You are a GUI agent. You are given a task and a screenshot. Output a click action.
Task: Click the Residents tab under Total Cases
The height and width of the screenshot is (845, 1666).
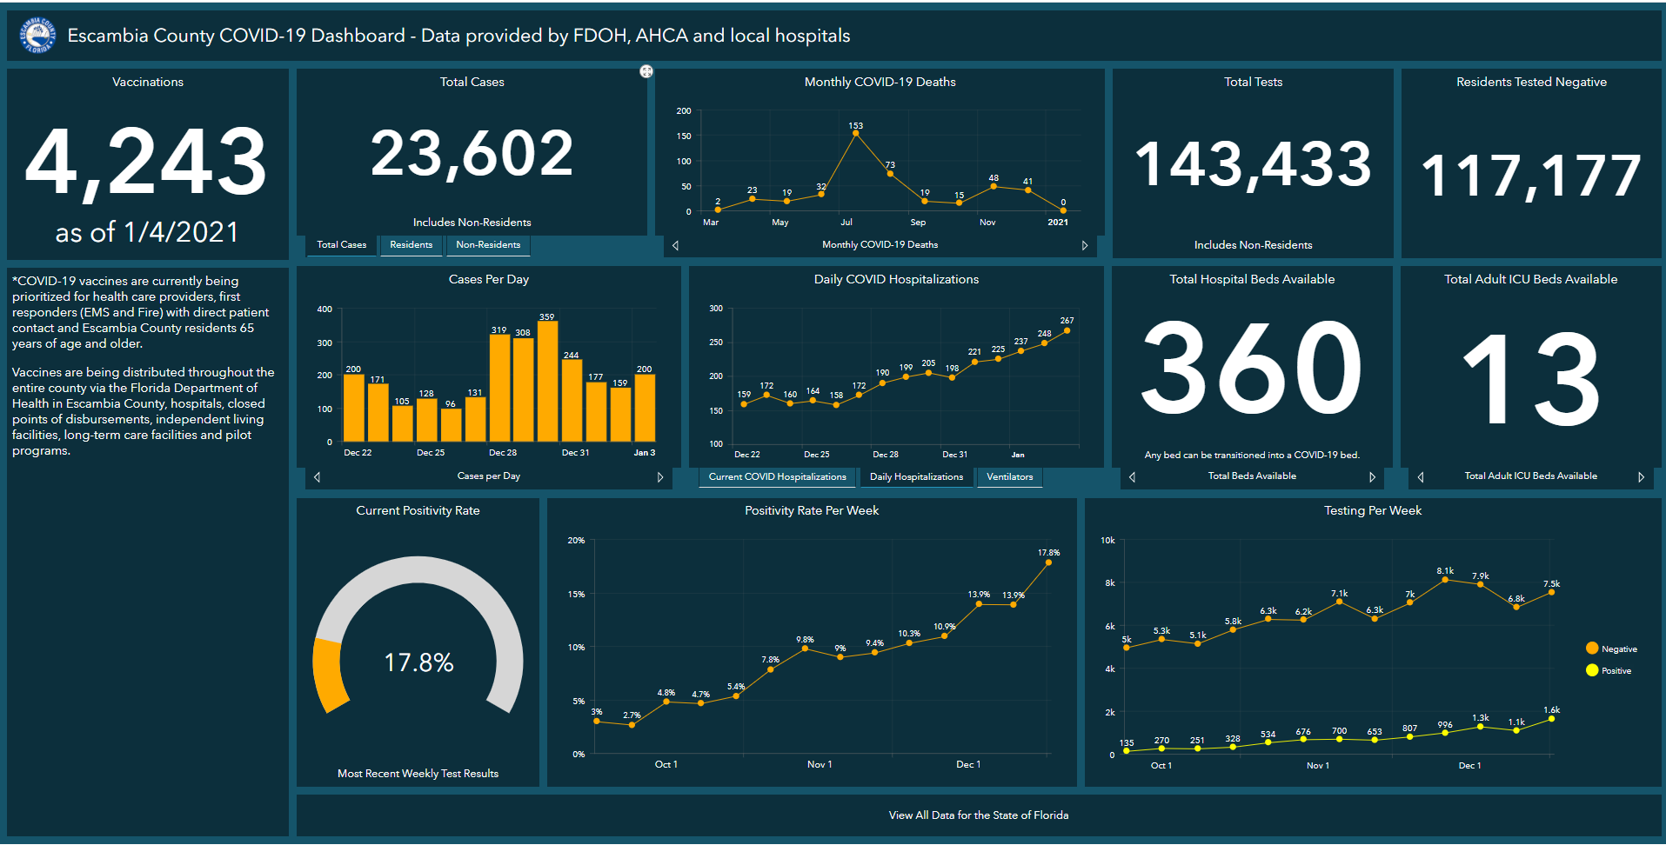point(411,245)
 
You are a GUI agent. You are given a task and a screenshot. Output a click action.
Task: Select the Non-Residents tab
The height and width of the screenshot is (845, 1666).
point(487,245)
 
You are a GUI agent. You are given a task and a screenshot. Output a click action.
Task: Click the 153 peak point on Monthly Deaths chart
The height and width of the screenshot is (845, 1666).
point(856,134)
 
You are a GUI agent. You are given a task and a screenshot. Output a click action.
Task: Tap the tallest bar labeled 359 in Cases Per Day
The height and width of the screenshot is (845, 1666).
point(547,381)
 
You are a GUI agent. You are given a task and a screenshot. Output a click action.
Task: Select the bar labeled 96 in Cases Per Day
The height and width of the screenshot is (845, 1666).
point(451,424)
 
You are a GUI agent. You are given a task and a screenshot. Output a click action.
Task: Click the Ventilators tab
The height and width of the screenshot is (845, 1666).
point(1009,477)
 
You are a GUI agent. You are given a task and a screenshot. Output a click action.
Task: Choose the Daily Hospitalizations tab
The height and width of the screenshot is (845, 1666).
point(916,477)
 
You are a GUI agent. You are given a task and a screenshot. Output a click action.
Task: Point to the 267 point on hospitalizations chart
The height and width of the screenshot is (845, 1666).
point(1067,330)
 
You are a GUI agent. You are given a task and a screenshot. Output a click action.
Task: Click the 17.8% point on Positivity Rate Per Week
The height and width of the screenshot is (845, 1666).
point(1048,562)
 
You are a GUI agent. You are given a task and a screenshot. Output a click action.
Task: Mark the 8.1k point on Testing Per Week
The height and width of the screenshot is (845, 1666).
point(1445,579)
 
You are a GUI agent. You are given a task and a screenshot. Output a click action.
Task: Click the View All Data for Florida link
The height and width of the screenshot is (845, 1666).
point(978,815)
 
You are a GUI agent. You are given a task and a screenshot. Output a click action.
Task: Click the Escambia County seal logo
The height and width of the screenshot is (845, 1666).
point(37,36)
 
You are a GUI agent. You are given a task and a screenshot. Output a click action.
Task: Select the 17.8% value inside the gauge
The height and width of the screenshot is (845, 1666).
point(418,662)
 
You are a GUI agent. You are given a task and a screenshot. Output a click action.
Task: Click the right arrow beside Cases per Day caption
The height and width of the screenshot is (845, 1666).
point(660,477)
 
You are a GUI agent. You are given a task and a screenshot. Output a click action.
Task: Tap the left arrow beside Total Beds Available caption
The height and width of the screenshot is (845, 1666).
point(1132,477)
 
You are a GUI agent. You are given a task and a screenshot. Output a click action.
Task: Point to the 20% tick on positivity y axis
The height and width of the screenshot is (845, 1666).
point(576,541)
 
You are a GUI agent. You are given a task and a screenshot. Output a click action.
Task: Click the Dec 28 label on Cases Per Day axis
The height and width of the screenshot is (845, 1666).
point(503,453)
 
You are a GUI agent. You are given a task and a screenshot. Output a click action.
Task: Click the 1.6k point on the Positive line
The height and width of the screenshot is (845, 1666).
point(1551,719)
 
